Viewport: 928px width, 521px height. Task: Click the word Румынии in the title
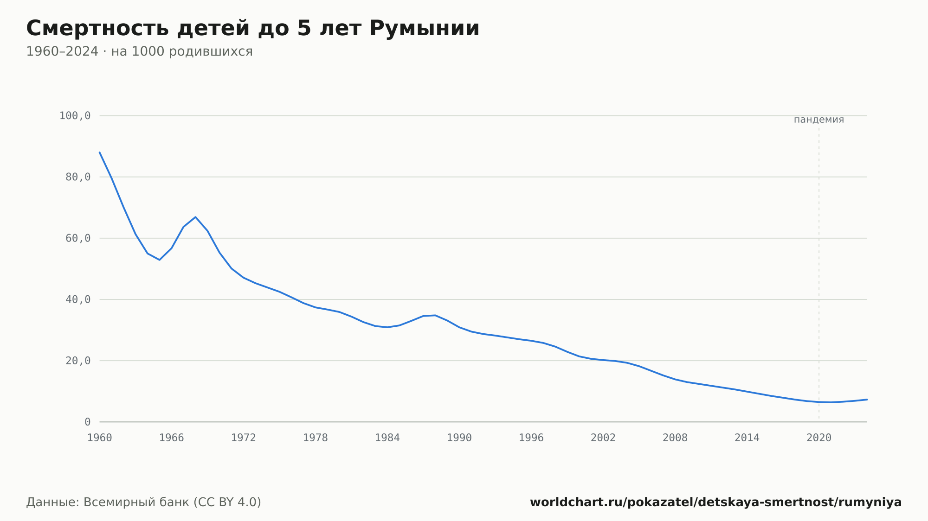coord(424,29)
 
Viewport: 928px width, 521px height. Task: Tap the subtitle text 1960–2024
coord(62,51)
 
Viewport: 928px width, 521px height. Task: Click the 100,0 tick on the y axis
coord(75,116)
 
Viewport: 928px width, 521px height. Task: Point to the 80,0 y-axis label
coord(78,177)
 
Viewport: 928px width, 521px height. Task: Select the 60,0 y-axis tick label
coord(78,238)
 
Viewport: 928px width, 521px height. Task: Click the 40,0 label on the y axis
coord(78,299)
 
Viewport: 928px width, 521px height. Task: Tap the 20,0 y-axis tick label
coord(78,361)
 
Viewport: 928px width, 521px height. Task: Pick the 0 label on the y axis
coord(88,422)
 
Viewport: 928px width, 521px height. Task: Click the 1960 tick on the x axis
coord(100,438)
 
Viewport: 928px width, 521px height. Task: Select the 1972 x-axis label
coord(244,438)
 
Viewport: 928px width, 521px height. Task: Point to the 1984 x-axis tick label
coord(387,438)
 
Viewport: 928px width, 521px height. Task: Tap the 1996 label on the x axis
coord(531,438)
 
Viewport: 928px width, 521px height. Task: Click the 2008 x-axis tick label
coord(675,438)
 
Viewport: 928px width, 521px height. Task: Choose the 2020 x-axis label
coord(819,438)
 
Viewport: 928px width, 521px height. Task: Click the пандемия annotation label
coord(819,120)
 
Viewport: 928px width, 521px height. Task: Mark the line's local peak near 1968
coord(195,217)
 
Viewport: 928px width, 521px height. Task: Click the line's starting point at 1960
coord(100,152)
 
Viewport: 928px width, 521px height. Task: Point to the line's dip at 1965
coord(160,260)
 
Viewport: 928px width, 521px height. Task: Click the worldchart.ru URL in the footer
coord(715,502)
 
